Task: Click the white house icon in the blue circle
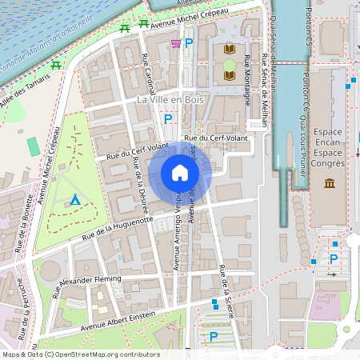179,173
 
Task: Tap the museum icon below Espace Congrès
330,185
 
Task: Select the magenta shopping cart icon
175,43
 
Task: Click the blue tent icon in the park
74,199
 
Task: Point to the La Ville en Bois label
170,100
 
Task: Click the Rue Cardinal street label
150,74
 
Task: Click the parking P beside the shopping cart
189,43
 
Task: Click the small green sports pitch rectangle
32,146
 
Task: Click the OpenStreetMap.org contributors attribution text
106,354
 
